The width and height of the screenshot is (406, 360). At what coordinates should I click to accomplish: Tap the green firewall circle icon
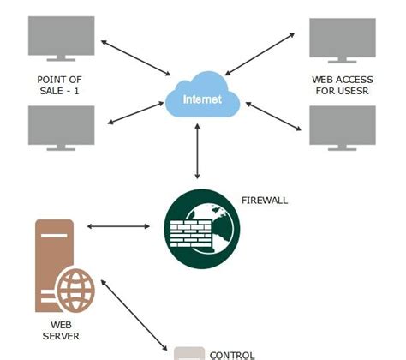point(199,225)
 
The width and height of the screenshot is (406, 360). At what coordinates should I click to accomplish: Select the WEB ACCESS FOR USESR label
point(342,85)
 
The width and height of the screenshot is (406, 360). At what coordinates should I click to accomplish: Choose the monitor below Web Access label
point(343,126)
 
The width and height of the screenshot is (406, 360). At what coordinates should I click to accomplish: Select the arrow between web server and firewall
point(117,226)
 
